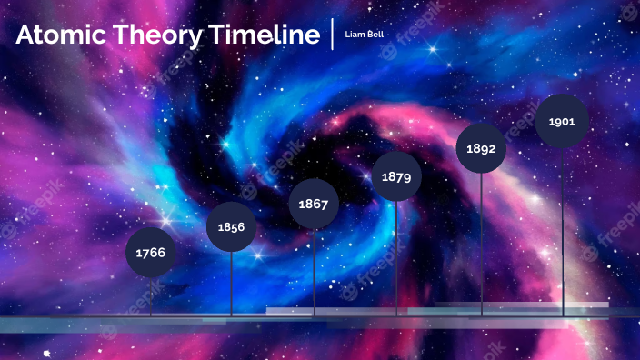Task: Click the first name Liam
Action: [x=354, y=34]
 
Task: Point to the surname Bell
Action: [x=374, y=34]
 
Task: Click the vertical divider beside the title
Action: [x=333, y=34]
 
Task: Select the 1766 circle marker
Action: [x=150, y=252]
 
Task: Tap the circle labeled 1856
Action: [x=231, y=226]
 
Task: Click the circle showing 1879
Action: [x=396, y=176]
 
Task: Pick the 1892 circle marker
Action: [x=481, y=148]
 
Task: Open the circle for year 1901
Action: [x=562, y=120]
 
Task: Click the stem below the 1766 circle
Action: [x=150, y=295]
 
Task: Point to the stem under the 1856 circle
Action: [x=231, y=283]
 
